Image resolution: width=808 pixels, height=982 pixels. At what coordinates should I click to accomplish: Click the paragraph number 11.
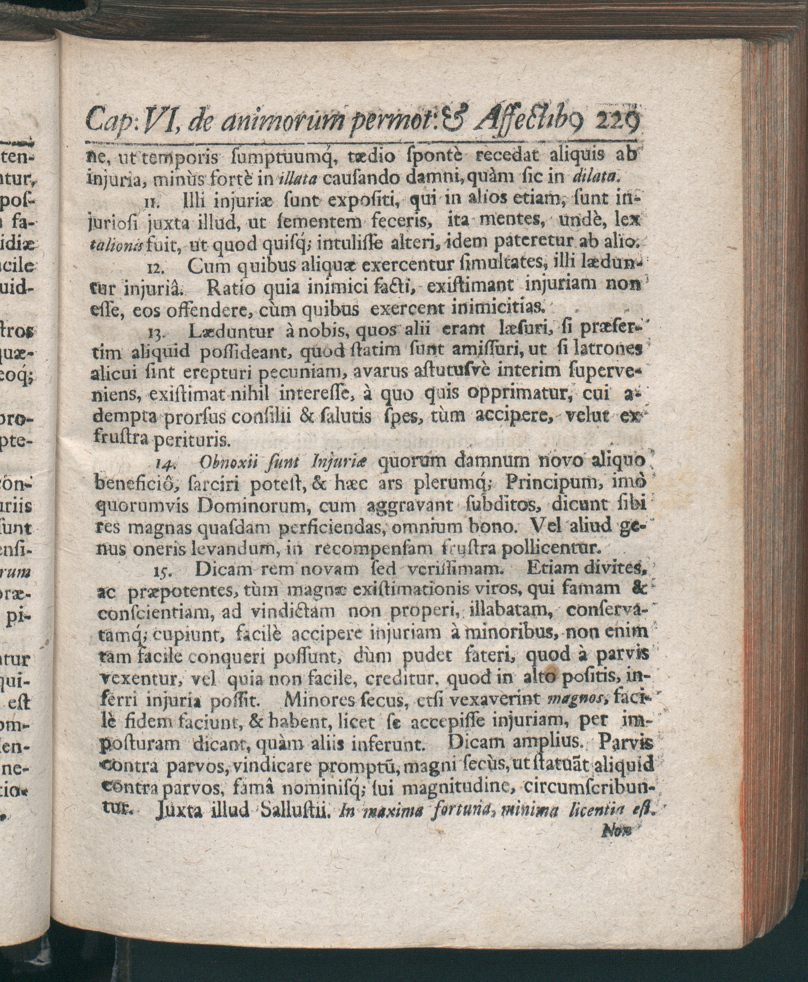(x=150, y=202)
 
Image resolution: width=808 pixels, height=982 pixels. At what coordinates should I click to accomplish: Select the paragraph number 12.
(x=152, y=267)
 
